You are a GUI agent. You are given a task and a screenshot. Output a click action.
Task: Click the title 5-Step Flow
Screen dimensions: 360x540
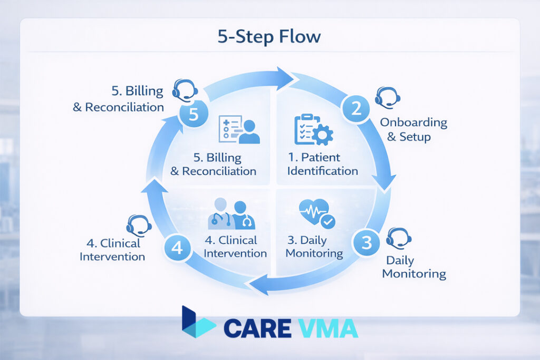269,37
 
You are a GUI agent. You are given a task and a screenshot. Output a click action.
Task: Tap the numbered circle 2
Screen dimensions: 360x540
356,109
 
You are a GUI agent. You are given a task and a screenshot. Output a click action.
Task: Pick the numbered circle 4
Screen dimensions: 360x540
177,248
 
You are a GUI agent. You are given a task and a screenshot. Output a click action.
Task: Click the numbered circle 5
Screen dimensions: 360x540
193,114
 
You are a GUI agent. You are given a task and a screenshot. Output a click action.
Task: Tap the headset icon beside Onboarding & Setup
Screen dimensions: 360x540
388,98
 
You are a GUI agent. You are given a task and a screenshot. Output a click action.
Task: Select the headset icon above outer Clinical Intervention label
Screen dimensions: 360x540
139,226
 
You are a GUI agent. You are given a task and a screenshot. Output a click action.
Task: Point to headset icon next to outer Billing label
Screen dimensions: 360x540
185,90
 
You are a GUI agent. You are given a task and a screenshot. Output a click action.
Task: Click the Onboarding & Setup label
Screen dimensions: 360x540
413,130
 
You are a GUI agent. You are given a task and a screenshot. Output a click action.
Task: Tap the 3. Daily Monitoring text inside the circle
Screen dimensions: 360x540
314,247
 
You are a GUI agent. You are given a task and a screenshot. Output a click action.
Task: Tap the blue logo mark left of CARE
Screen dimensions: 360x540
198,323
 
